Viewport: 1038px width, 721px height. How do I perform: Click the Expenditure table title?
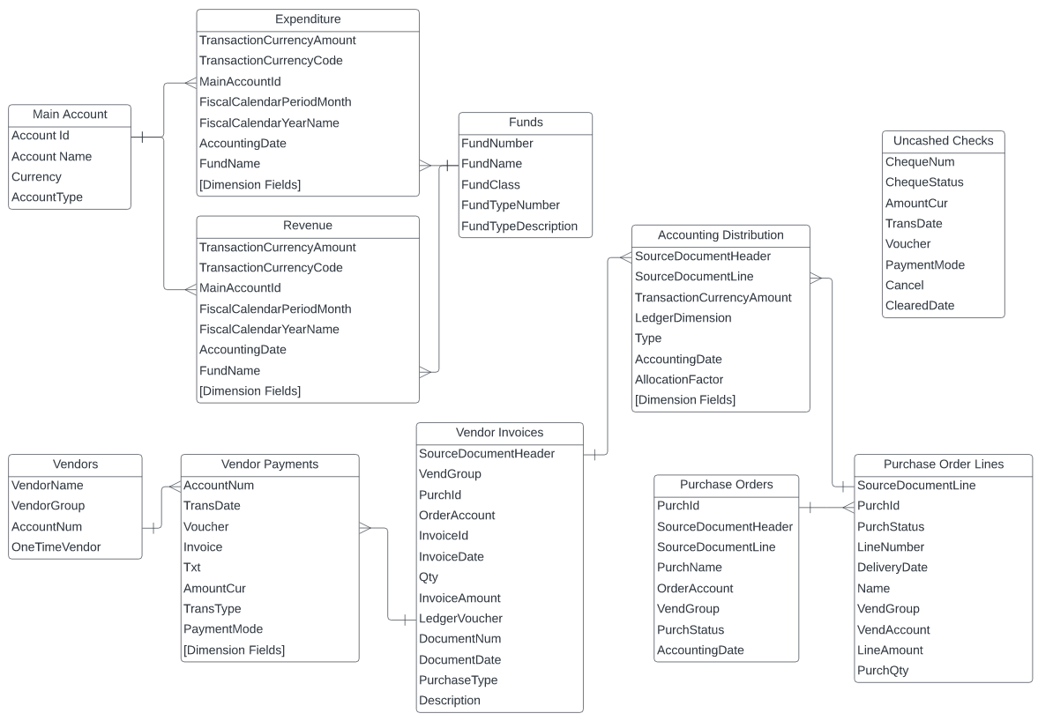click(x=307, y=19)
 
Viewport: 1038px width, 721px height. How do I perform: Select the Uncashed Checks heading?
click(x=943, y=141)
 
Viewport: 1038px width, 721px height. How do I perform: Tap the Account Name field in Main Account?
click(x=51, y=157)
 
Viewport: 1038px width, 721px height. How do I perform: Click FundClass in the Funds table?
click(x=490, y=185)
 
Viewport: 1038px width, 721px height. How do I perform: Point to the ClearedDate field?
click(x=920, y=306)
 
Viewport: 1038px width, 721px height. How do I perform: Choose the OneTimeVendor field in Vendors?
click(x=56, y=547)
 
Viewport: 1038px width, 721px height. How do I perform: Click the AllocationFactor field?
click(x=679, y=379)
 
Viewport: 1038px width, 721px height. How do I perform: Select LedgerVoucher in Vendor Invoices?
click(x=460, y=619)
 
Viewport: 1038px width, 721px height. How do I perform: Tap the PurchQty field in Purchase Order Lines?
click(x=883, y=671)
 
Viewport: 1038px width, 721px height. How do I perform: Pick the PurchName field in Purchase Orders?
click(x=690, y=568)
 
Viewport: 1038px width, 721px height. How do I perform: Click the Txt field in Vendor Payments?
click(x=192, y=568)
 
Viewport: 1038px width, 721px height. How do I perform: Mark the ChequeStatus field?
click(x=924, y=182)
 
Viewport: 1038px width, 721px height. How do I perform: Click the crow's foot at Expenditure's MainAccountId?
click(x=189, y=82)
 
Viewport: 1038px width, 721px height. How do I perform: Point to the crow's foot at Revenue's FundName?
click(x=426, y=371)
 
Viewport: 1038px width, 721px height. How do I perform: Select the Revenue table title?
click(x=307, y=226)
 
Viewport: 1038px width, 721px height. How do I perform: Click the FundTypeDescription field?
click(x=519, y=227)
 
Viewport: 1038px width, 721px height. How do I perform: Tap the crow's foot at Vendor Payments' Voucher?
click(x=365, y=527)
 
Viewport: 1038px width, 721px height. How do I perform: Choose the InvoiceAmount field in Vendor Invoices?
click(x=459, y=598)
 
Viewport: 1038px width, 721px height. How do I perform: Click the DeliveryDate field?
click(x=892, y=568)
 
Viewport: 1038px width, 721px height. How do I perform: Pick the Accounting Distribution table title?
click(x=721, y=235)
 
